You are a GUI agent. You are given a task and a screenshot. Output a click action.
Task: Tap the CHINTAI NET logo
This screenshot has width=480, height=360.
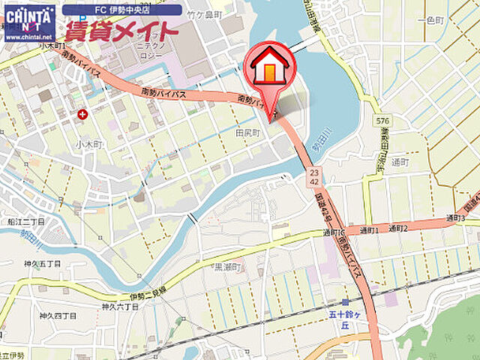(x=29, y=16)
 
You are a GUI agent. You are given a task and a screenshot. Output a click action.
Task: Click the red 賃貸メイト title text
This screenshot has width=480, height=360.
(x=121, y=31)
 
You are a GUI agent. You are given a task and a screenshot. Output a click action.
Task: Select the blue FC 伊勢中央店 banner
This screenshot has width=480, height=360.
(x=121, y=10)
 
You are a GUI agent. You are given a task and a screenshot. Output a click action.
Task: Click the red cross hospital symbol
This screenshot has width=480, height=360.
(x=82, y=114)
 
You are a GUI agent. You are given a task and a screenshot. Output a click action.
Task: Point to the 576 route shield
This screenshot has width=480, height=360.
(x=383, y=120)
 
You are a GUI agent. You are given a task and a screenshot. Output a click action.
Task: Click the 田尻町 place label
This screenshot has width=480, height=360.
(x=247, y=132)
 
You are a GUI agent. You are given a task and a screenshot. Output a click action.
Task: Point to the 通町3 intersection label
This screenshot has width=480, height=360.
(x=456, y=218)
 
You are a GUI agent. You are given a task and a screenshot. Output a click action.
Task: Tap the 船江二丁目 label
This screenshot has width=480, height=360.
(x=25, y=222)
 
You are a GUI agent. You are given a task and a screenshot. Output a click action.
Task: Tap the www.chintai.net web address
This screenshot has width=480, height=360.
(x=28, y=36)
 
